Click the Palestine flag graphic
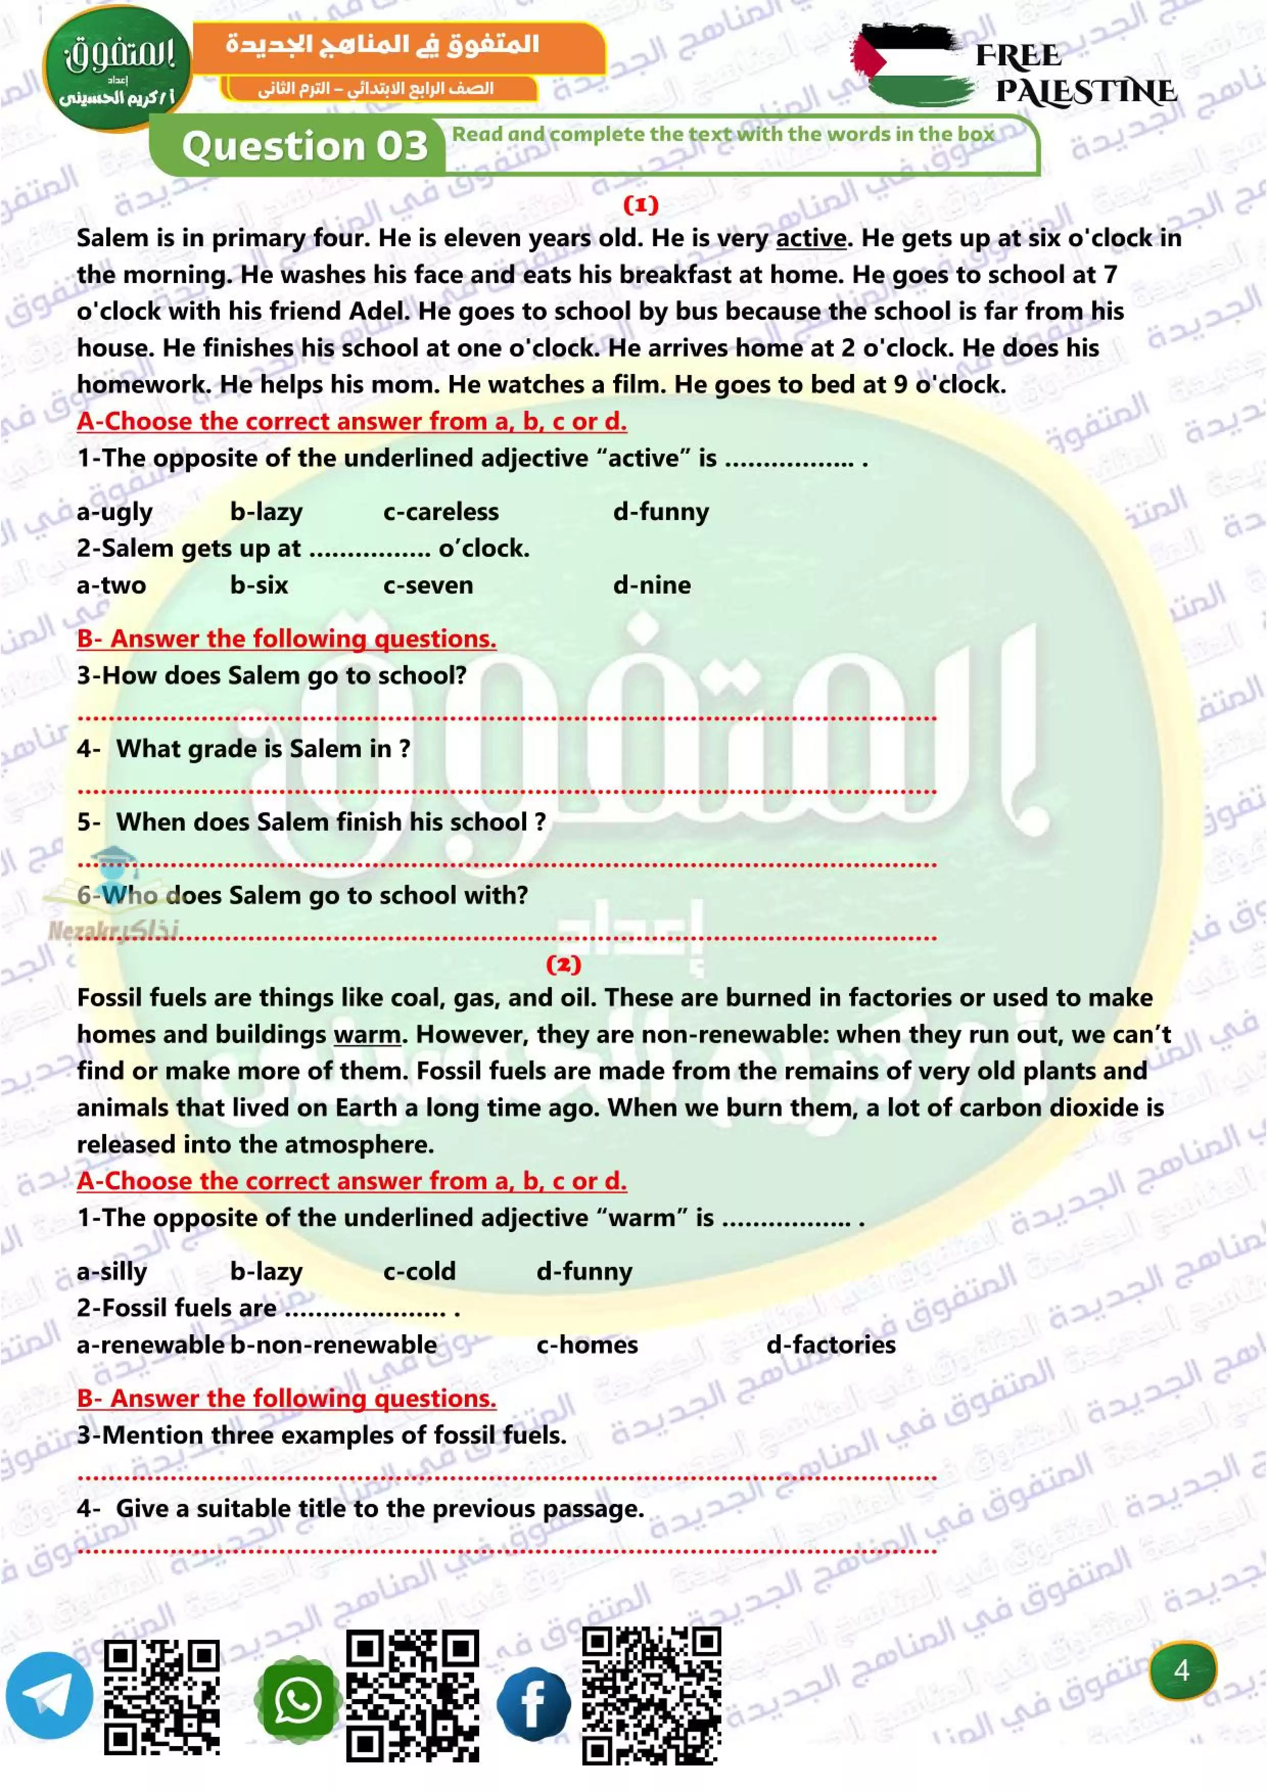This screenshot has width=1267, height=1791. [909, 65]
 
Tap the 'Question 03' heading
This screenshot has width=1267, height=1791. [305, 146]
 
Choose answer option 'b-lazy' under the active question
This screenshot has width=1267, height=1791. [266, 512]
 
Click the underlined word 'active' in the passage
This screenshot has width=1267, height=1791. [811, 238]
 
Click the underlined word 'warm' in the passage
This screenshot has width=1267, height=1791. [367, 1034]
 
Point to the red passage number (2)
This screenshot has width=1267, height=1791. [564, 965]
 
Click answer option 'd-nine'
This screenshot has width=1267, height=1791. [651, 585]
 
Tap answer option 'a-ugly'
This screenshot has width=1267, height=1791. [114, 512]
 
